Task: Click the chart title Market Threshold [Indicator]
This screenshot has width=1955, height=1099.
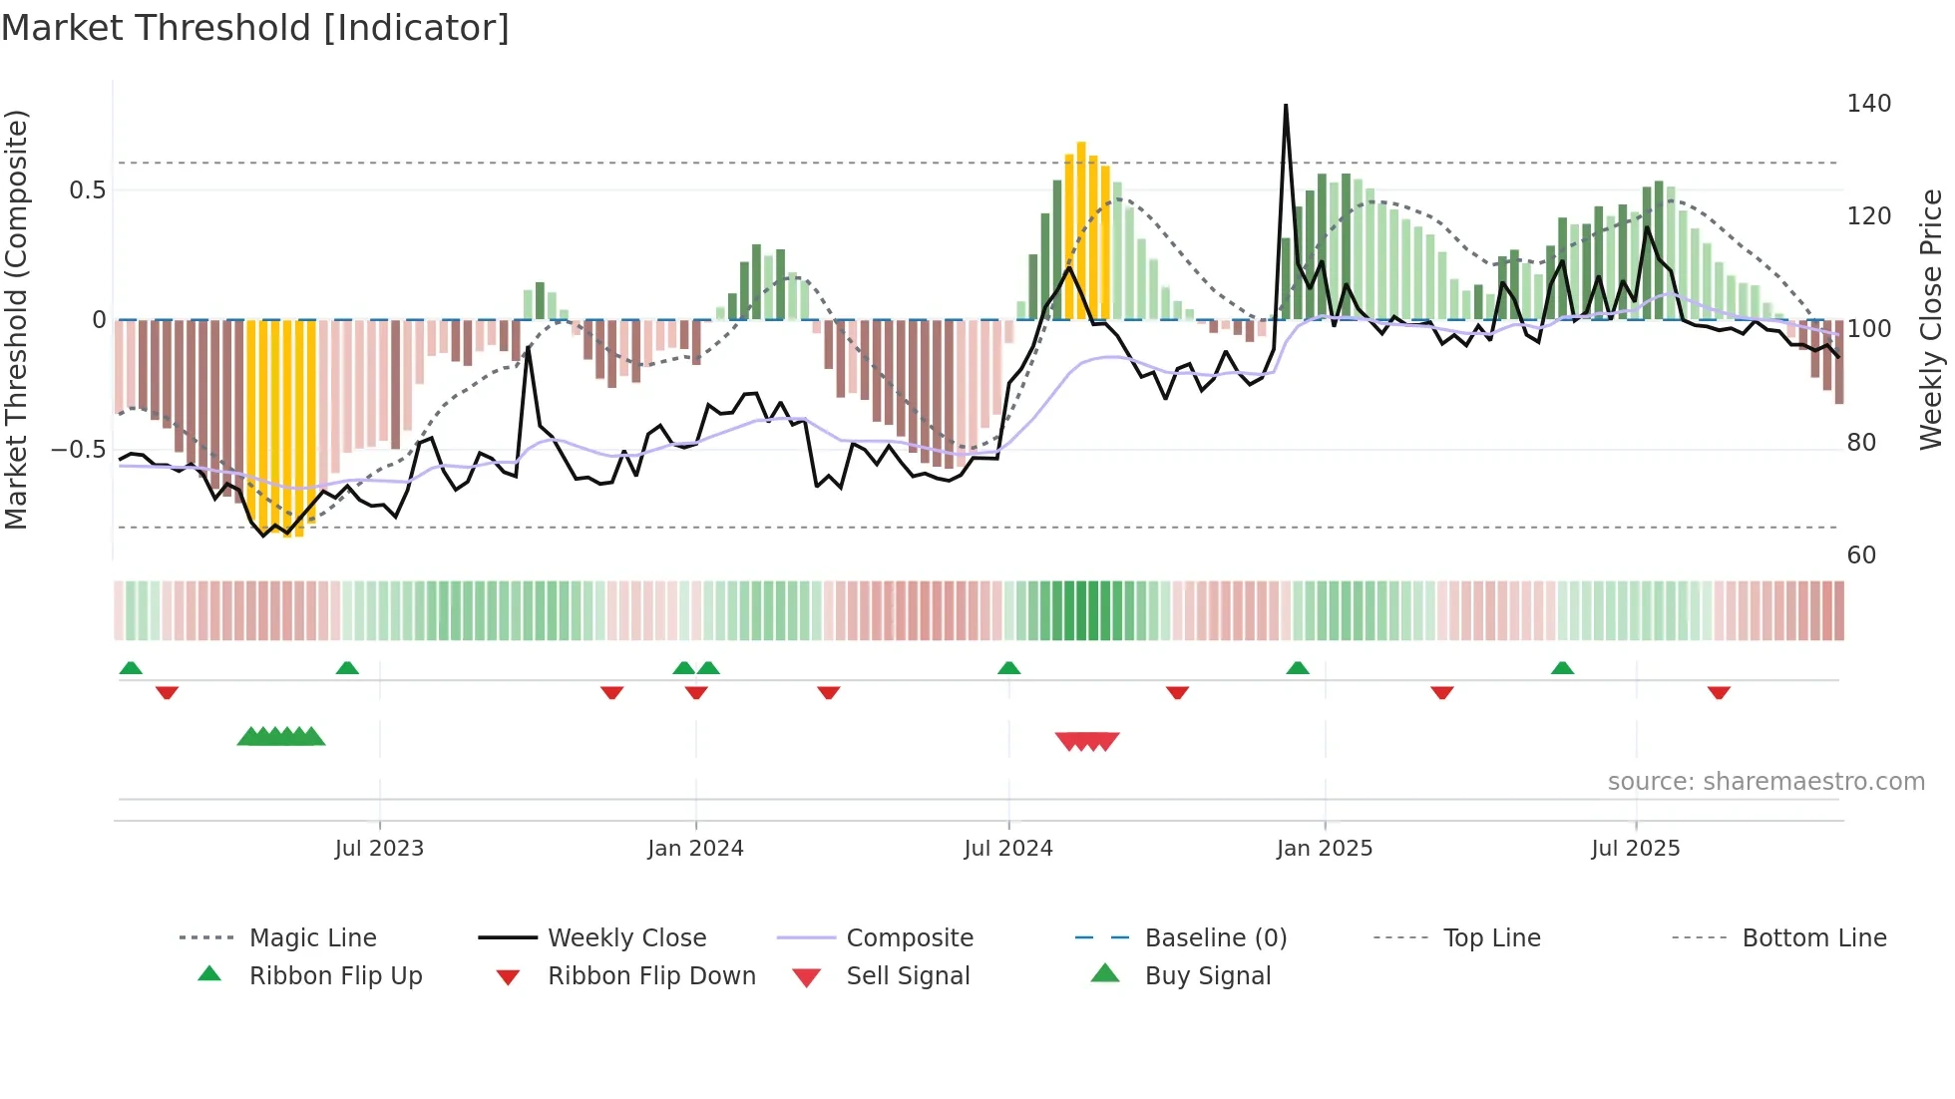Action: pyautogui.click(x=255, y=28)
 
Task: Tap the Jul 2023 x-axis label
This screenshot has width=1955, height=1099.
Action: pyautogui.click(x=379, y=849)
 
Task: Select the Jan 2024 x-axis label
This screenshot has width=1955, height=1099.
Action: pyautogui.click(x=695, y=849)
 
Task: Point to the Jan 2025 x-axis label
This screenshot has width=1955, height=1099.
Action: pyautogui.click(x=1325, y=849)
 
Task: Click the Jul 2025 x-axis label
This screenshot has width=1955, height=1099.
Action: pyautogui.click(x=1636, y=849)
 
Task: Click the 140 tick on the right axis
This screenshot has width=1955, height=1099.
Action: pyautogui.click(x=1868, y=104)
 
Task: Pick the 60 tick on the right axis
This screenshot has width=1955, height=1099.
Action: pyautogui.click(x=1861, y=555)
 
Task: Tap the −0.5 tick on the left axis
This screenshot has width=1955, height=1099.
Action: pyautogui.click(x=78, y=450)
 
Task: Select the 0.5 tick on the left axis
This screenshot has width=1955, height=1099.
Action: pyautogui.click(x=87, y=190)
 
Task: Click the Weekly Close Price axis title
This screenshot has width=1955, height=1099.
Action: pyautogui.click(x=1931, y=319)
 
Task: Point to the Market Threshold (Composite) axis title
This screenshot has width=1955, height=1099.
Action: pyautogui.click(x=16, y=319)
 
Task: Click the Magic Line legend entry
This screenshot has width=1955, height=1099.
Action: pyautogui.click(x=312, y=938)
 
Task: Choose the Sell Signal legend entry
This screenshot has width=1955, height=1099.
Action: pyautogui.click(x=908, y=976)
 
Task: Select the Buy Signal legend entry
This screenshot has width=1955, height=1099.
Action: pyautogui.click(x=1207, y=976)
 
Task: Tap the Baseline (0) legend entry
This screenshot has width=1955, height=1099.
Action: pyautogui.click(x=1215, y=938)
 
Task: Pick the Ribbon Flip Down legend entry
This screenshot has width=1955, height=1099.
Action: pyautogui.click(x=651, y=976)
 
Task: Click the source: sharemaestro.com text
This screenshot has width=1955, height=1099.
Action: pyautogui.click(x=1765, y=782)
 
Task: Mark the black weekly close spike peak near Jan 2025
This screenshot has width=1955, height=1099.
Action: pyautogui.click(x=1286, y=106)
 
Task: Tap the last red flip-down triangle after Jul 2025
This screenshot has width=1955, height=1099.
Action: pyautogui.click(x=1719, y=692)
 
